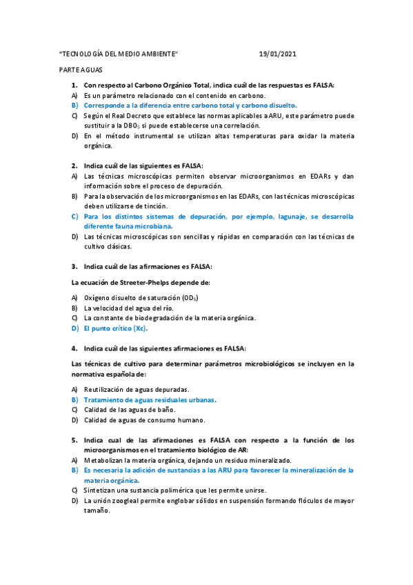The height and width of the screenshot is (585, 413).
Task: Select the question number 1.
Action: coord(74,85)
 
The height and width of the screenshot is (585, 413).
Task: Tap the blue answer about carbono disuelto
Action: coord(190,106)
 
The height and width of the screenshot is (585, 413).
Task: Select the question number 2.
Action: coord(74,166)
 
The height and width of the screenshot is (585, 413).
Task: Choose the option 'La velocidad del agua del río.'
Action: coord(128,308)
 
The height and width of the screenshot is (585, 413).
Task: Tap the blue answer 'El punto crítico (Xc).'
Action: coord(116,328)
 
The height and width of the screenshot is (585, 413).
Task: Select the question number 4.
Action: coord(74,348)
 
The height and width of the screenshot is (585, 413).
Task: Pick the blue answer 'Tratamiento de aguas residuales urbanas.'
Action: coord(150,399)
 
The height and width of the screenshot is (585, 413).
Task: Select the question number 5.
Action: coord(74,439)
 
